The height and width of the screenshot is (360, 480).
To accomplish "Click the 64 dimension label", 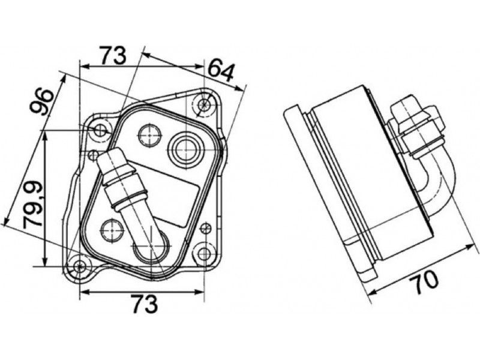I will tap(220, 70).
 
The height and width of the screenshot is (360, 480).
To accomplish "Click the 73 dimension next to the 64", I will tap(113, 55).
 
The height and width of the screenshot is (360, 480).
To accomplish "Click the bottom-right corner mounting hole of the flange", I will tap(205, 253).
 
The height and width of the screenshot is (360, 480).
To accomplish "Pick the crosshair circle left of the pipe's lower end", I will tap(112, 229).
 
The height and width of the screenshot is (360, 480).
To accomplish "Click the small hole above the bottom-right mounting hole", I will tap(206, 227).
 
